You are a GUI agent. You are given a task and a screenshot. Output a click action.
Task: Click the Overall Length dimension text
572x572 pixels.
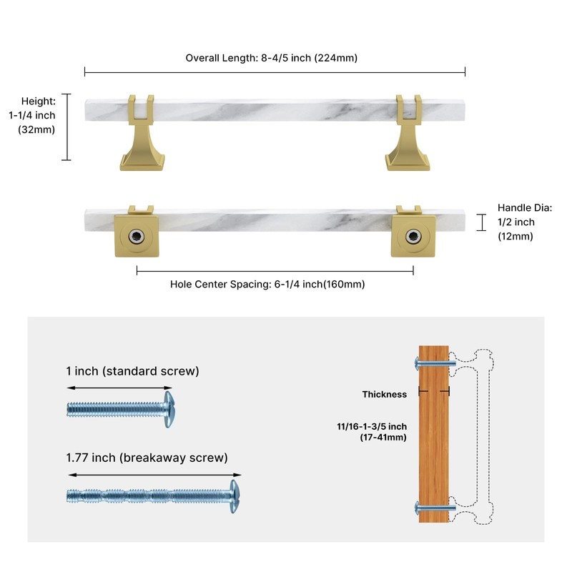click(272, 58)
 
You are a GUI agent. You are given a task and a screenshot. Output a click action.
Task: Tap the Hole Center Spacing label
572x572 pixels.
click(267, 284)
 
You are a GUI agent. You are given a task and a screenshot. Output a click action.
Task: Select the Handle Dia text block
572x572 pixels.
click(525, 222)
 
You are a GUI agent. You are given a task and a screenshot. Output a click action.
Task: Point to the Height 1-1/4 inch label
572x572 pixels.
click(32, 115)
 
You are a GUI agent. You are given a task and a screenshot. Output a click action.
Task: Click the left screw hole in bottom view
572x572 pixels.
click(137, 237)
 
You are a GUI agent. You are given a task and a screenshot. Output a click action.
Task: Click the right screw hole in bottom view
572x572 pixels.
click(413, 237)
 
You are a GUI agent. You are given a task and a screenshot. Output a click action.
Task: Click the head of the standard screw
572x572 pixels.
click(169, 409)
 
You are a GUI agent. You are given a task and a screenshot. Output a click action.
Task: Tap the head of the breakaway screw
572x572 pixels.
click(235, 496)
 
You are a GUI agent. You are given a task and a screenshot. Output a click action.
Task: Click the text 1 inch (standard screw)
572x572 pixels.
click(133, 371)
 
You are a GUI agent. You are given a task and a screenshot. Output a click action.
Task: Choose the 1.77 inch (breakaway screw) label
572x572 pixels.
click(147, 458)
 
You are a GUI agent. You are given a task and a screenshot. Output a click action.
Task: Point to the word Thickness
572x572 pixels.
click(385, 395)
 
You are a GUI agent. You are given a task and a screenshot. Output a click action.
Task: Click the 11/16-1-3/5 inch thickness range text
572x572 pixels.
click(372, 426)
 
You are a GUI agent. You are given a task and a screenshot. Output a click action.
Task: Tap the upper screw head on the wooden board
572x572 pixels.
click(417, 364)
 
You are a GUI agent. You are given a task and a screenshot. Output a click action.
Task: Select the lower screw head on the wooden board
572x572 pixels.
click(417, 508)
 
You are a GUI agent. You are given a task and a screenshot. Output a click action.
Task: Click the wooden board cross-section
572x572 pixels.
click(434, 434)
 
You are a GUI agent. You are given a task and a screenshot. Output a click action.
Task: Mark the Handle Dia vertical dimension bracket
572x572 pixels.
click(481, 222)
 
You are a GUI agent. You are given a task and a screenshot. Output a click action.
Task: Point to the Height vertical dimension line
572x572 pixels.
click(66, 127)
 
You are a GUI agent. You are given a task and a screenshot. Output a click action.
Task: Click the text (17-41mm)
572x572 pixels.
click(383, 437)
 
